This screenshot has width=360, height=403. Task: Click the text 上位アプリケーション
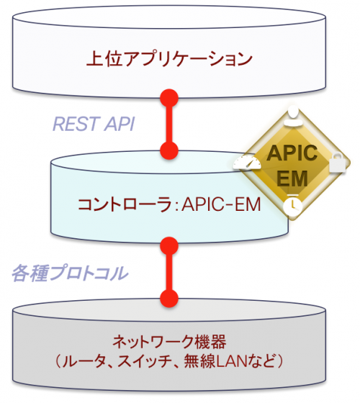pos(170,58)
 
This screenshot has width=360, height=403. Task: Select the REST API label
pos(94,123)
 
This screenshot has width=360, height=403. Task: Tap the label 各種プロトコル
pos(70,273)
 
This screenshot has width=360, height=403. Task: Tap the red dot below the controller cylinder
pos(169,243)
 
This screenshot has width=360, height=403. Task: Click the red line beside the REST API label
pos(169,123)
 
